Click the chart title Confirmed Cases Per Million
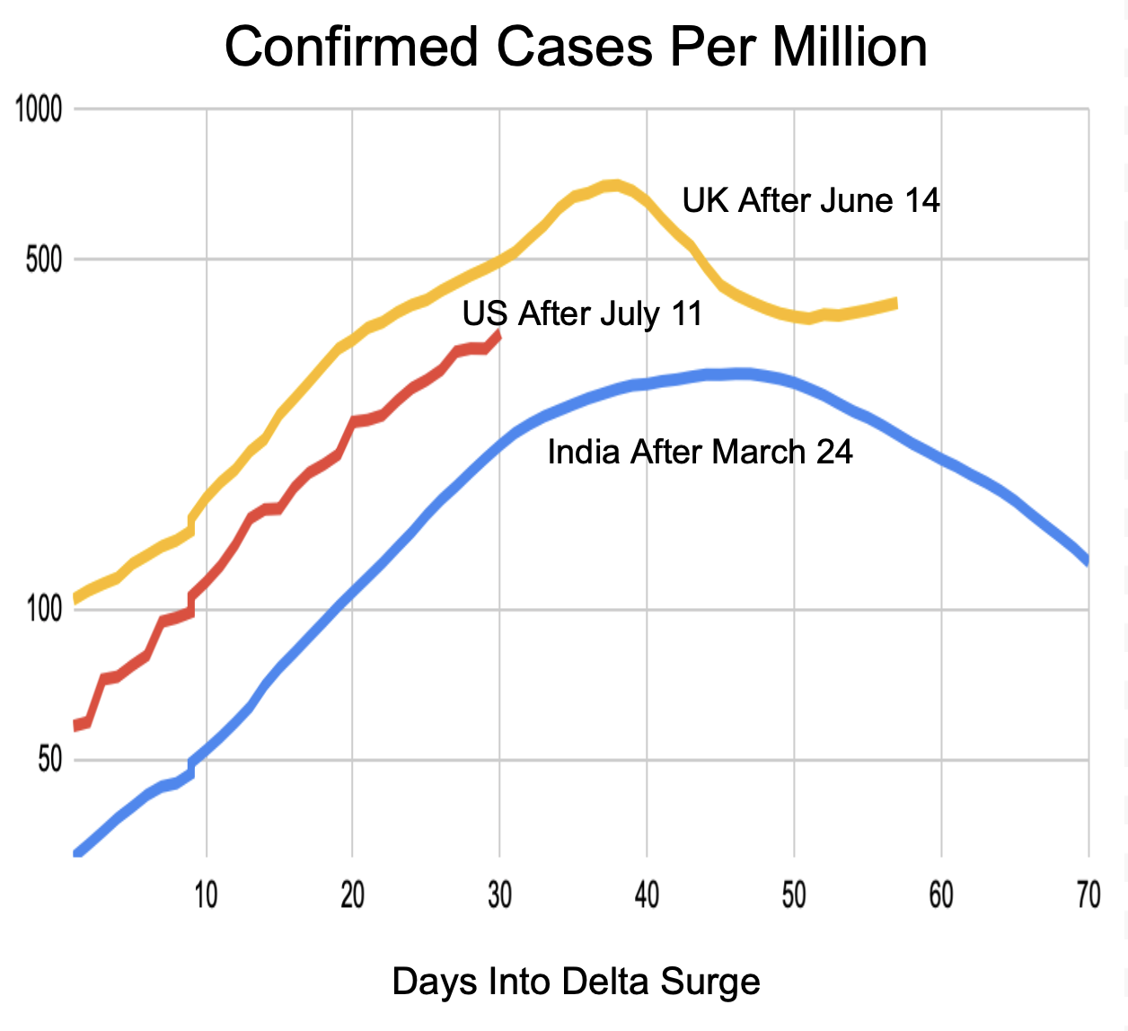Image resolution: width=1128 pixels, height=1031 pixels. point(576,47)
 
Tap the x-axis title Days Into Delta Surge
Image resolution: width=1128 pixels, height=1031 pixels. point(576,982)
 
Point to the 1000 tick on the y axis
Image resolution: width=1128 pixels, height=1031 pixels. point(39,110)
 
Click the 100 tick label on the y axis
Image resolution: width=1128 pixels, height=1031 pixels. point(44,610)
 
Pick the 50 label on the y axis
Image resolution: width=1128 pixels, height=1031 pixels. point(49,760)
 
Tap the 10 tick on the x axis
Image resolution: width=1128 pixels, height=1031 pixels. point(207,894)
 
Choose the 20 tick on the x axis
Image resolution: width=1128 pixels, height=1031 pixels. point(353,894)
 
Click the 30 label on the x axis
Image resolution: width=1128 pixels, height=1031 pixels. point(499,894)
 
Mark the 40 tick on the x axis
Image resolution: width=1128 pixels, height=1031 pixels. point(647,894)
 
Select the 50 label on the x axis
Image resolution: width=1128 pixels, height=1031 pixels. point(794,894)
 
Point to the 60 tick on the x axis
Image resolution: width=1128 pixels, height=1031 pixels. point(941,894)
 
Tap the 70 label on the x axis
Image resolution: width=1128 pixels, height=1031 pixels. point(1088,894)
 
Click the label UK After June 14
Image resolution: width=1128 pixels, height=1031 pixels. point(811,200)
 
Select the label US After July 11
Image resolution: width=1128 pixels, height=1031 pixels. point(582,314)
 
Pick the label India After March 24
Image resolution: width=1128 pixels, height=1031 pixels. point(700,452)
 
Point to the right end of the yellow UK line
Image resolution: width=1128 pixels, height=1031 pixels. point(895,303)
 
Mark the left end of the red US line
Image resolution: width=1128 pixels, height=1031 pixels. point(75,726)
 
